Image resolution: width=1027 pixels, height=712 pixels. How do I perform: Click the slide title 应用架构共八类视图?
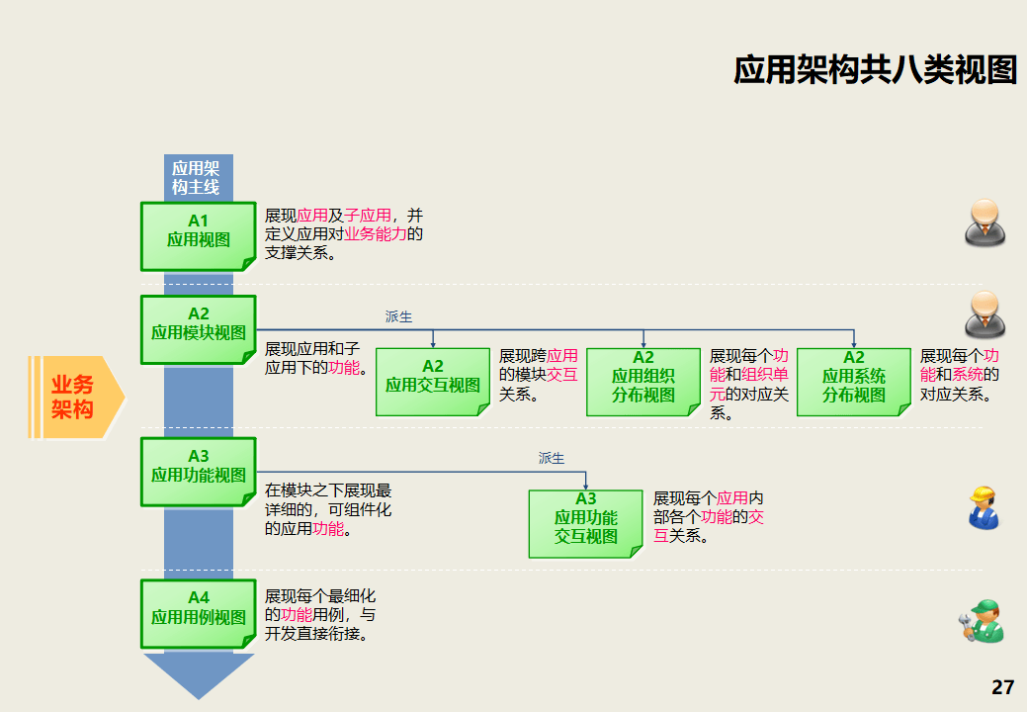[x=875, y=69]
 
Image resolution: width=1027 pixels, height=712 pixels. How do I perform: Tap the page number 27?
[x=1002, y=687]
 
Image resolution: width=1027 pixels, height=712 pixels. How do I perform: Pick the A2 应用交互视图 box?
[x=433, y=382]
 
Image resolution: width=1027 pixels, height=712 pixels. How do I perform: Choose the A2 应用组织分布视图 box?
[x=643, y=382]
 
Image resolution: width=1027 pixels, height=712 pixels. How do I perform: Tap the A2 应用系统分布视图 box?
[x=854, y=382]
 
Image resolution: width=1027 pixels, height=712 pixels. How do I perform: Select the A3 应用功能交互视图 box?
[x=585, y=524]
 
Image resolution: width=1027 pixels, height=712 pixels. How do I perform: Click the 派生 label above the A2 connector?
[x=398, y=316]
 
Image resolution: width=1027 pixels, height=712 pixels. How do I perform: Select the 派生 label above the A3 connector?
[x=552, y=458]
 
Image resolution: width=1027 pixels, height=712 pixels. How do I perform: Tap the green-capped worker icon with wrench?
[x=982, y=622]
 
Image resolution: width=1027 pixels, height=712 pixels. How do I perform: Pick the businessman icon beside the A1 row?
[x=984, y=222]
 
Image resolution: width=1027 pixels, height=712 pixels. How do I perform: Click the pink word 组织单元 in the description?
[x=765, y=376]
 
